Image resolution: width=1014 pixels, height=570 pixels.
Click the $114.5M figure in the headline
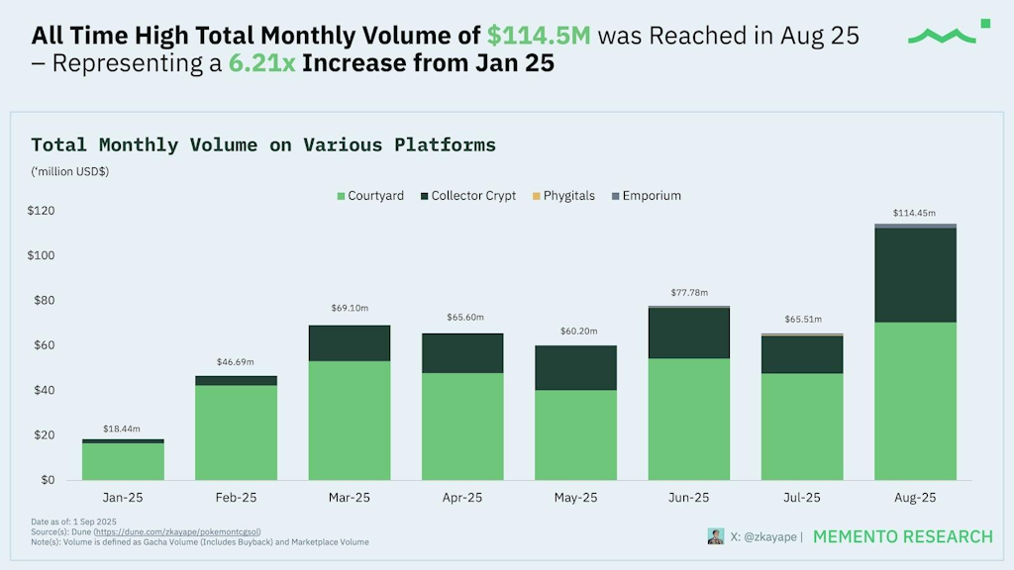tap(539, 37)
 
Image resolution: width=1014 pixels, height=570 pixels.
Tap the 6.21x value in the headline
tap(261, 64)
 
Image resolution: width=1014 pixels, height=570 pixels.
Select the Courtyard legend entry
tap(369, 196)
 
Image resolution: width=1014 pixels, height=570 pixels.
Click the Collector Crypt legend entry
tap(466, 196)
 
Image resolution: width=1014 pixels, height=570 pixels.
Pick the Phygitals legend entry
tap(562, 196)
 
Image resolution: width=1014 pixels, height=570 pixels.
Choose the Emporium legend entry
tap(645, 196)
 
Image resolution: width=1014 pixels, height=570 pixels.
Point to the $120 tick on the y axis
tap(41, 211)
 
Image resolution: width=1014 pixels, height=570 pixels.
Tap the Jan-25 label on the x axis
tap(123, 498)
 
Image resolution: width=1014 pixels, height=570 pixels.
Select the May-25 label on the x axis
tap(575, 498)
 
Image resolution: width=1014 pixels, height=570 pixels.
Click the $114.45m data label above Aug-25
tap(915, 213)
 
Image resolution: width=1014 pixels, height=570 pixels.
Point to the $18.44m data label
tap(123, 428)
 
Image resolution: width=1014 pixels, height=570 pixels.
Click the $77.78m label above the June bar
tap(689, 294)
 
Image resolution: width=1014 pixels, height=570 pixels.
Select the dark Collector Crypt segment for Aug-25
tap(915, 275)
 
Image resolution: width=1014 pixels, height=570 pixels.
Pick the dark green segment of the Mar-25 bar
tap(349, 343)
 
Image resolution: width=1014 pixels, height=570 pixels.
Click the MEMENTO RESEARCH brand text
tap(902, 536)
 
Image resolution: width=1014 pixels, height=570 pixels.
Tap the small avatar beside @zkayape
tap(715, 536)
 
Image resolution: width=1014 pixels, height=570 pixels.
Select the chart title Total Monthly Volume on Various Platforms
tap(263, 145)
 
